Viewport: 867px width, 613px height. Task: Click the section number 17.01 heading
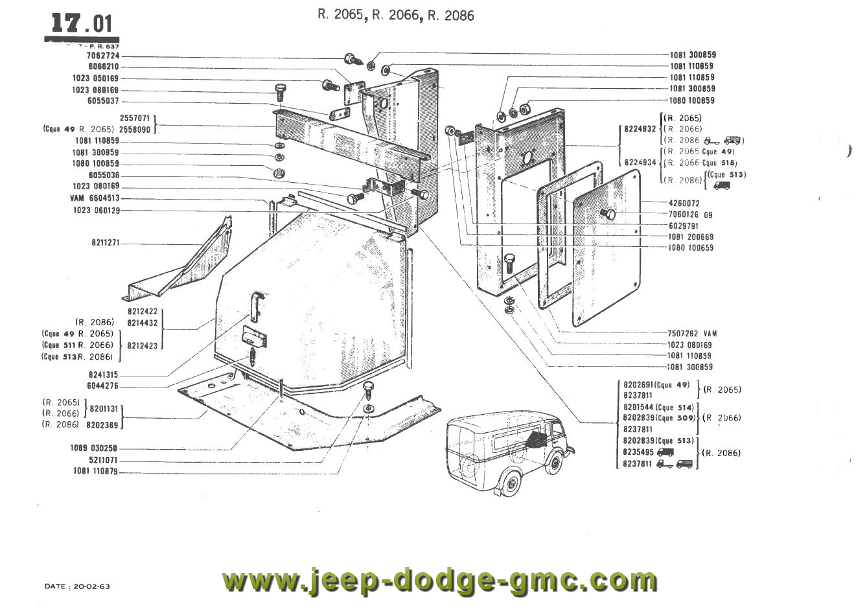tap(82, 24)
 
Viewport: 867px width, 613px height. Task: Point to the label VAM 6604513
tap(95, 198)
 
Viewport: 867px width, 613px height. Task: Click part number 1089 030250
tap(95, 448)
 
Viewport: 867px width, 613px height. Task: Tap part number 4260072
tap(685, 203)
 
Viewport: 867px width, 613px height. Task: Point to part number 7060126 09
tap(690, 214)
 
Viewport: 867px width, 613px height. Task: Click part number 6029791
tap(685, 226)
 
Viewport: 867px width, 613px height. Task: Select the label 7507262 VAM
tap(692, 334)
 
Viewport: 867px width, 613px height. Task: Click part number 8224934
tap(640, 163)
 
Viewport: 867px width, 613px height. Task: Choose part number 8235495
tap(639, 452)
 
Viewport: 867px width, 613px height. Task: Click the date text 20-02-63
tap(91, 586)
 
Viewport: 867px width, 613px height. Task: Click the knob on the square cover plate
tap(608, 213)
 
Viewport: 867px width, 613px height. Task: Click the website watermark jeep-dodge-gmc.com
tap(439, 579)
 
